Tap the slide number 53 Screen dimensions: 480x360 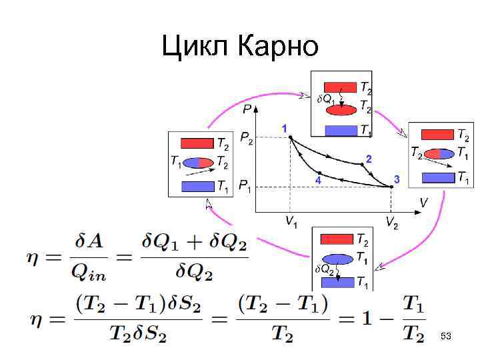click(446, 337)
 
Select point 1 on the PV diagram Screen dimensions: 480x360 click(291, 137)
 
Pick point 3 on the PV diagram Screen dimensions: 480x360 click(391, 187)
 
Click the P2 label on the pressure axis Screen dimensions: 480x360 click(247, 139)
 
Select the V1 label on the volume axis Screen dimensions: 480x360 click(291, 222)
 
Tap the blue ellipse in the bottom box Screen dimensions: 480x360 click(337, 259)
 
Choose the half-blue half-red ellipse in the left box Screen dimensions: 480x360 click(198, 162)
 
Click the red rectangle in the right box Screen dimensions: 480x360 click(437, 135)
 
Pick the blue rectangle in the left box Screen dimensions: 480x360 click(197, 186)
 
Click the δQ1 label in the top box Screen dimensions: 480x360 click(325, 99)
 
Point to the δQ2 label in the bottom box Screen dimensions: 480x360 click(324, 269)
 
